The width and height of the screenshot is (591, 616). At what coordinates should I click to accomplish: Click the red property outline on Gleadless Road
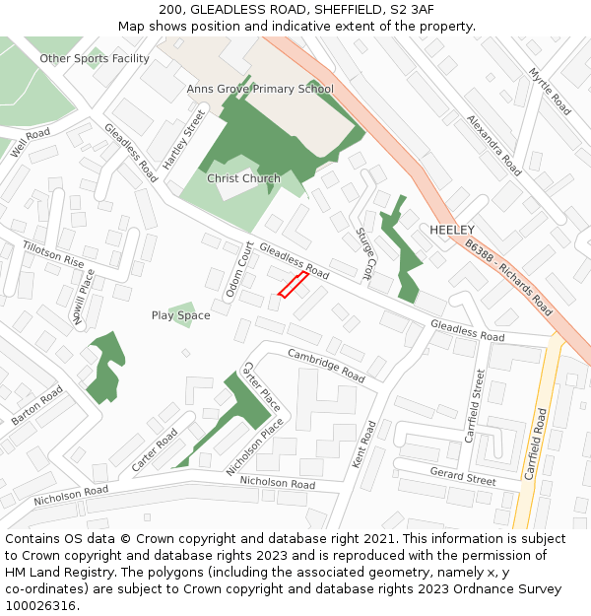pyautogui.click(x=293, y=284)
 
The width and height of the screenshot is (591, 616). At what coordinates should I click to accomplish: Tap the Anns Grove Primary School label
pyautogui.click(x=260, y=89)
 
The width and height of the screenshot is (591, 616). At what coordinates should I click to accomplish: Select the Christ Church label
pyautogui.click(x=243, y=178)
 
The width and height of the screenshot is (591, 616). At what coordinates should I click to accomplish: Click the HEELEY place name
pyautogui.click(x=452, y=230)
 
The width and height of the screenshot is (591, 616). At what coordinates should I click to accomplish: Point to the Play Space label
pyautogui.click(x=180, y=315)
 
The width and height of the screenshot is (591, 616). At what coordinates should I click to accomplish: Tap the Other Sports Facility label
pyautogui.click(x=95, y=59)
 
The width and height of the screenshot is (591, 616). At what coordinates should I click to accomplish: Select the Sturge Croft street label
pyautogui.click(x=364, y=252)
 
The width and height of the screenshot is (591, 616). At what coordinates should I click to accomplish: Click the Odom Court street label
pyautogui.click(x=239, y=269)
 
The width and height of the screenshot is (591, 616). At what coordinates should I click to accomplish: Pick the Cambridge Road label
pyautogui.click(x=326, y=364)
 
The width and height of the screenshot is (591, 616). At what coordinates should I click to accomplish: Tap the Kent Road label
pyautogui.click(x=364, y=445)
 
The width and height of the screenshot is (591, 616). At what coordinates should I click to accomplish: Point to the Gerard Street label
pyautogui.click(x=463, y=476)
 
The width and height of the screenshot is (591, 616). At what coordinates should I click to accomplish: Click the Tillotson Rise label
pyautogui.click(x=53, y=255)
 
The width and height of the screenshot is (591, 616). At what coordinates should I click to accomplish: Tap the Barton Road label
pyautogui.click(x=37, y=405)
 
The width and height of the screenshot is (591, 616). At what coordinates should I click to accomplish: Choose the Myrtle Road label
pyautogui.click(x=550, y=92)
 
